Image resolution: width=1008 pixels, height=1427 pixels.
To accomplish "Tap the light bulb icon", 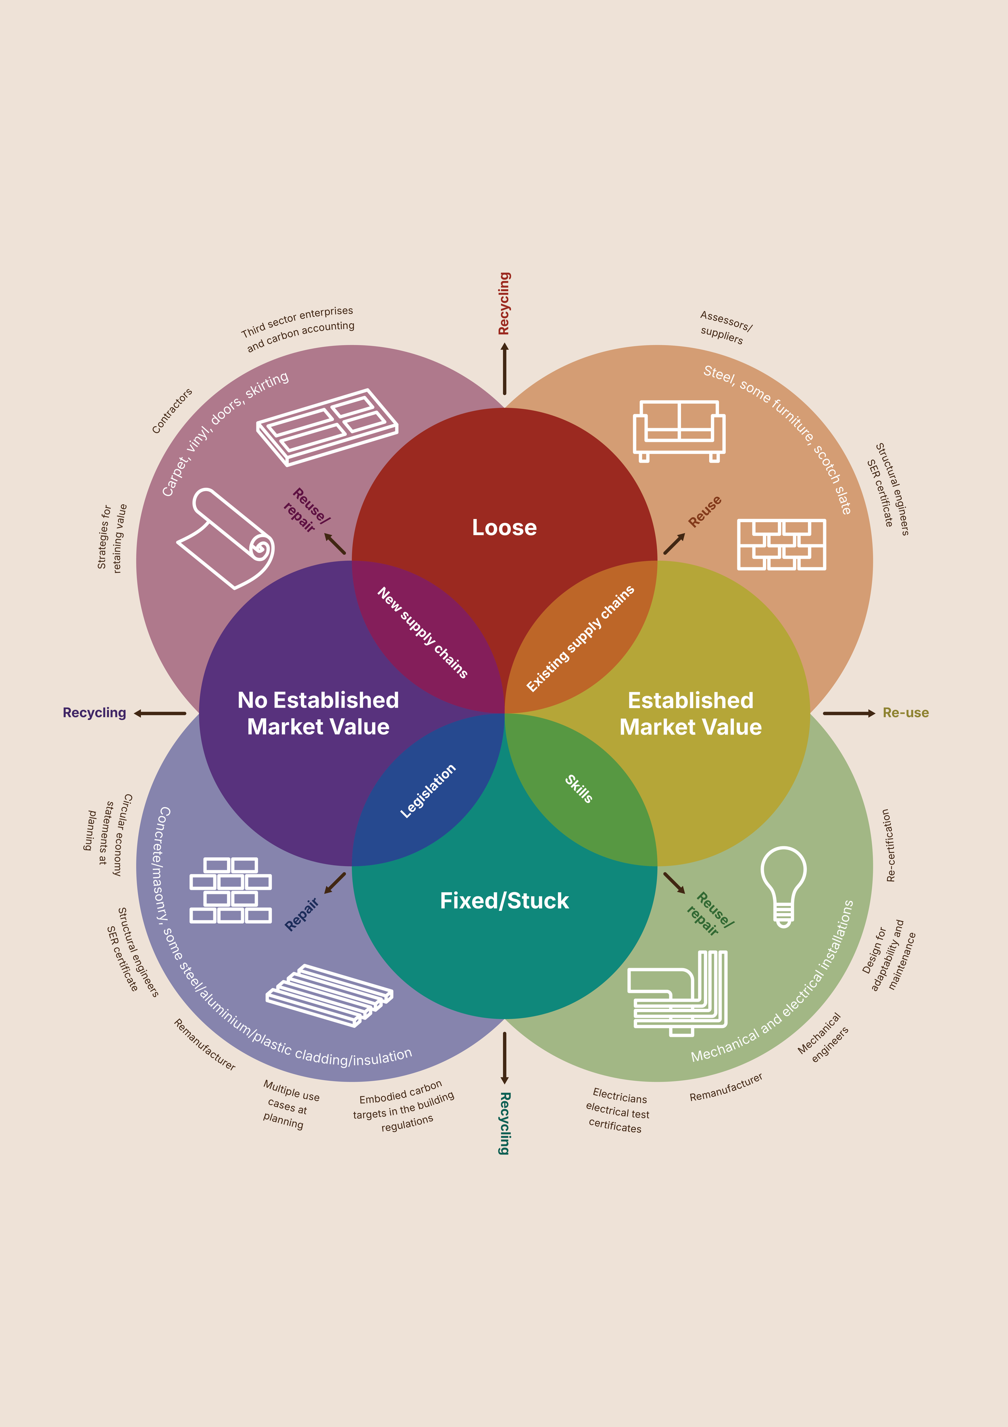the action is [784, 885].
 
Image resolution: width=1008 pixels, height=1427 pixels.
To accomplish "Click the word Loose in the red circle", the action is [504, 528].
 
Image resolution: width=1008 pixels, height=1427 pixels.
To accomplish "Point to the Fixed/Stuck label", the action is [504, 900].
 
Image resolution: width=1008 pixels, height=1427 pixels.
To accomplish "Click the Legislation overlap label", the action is [427, 791].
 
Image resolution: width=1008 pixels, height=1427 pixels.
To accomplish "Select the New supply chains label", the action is [423, 632].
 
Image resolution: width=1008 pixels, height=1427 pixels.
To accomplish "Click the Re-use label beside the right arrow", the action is [906, 713].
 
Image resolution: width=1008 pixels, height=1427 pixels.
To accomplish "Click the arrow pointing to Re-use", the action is [848, 713].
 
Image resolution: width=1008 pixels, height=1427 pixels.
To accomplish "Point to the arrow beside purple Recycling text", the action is [160, 713].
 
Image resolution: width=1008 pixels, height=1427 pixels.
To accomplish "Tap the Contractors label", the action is [172, 411].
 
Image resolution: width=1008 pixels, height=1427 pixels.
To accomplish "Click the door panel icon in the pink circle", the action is [327, 427].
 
